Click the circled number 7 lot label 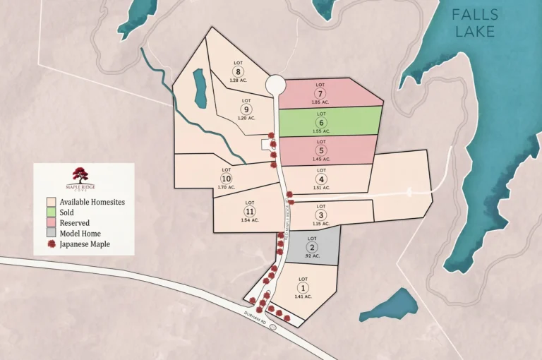(x=321, y=94)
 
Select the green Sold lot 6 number (x=321, y=122)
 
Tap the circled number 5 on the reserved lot (x=321, y=150)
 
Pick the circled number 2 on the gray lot (x=312, y=247)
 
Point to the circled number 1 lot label (x=303, y=287)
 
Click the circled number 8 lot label (x=239, y=71)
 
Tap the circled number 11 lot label (x=249, y=212)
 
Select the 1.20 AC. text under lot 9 (x=246, y=119)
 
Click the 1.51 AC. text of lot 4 (x=321, y=188)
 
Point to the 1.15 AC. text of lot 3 (x=321, y=224)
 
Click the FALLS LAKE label (x=475, y=23)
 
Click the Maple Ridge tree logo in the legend (x=80, y=175)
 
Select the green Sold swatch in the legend (x=51, y=212)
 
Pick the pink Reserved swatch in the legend (x=51, y=223)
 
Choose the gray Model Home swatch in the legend (x=51, y=234)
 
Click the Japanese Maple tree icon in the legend (x=51, y=244)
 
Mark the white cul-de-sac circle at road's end (x=275, y=85)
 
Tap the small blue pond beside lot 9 (x=200, y=88)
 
